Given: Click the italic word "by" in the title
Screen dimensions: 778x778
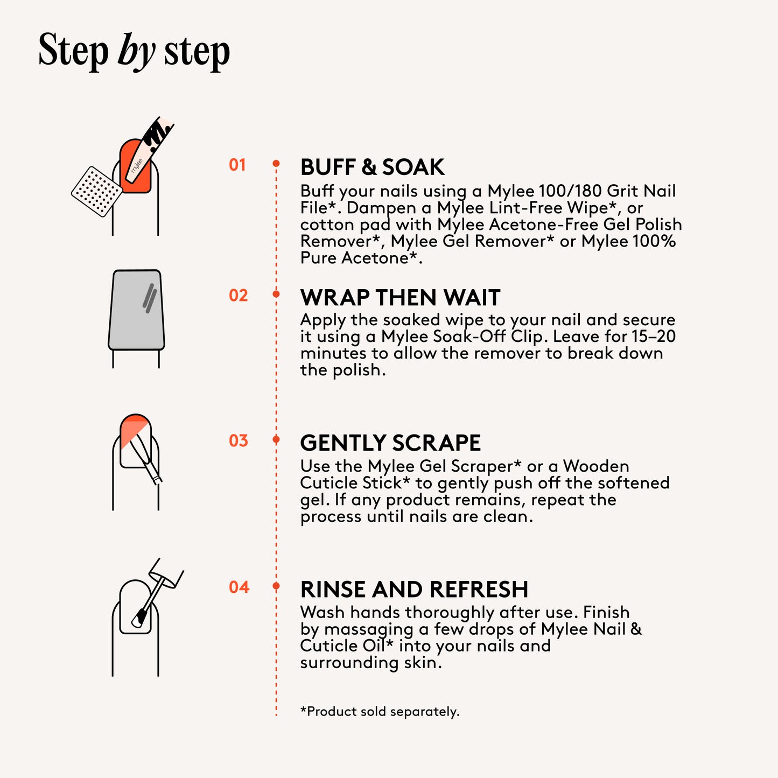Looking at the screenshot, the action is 136,52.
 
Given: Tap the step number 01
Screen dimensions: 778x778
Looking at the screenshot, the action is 237,165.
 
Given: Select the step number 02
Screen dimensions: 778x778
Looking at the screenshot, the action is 238,296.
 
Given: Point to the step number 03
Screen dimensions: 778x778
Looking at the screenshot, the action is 238,440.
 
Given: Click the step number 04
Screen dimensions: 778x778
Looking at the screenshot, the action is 239,587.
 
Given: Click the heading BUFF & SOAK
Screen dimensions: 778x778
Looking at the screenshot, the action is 372,167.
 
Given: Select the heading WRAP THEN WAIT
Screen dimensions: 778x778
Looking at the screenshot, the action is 400,298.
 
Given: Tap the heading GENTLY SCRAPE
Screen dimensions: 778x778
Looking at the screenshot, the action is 390,443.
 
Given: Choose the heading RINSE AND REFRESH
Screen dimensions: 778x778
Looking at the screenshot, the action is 414,589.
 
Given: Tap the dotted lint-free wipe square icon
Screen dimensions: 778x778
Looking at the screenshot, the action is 97,192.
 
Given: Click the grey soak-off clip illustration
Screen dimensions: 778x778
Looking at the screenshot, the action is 136,310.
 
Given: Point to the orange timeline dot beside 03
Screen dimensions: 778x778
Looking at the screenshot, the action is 276,439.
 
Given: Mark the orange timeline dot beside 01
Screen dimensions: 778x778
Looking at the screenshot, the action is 276,164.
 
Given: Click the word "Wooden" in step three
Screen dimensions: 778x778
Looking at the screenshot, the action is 596,466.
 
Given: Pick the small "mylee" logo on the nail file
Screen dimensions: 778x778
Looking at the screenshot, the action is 136,166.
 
